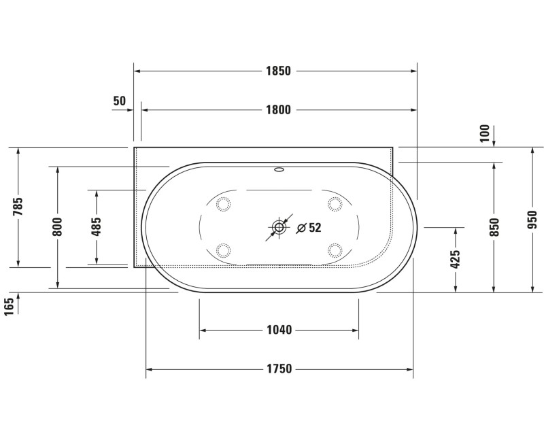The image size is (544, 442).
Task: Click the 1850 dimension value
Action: [x=278, y=71]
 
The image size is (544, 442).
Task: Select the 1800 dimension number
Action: [x=278, y=110]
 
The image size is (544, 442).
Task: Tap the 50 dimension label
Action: [x=120, y=101]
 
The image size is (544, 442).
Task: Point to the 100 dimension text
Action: [x=485, y=133]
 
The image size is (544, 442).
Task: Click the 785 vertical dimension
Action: [x=18, y=207]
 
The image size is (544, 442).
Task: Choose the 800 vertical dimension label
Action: [x=58, y=226]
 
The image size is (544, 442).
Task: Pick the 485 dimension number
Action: [x=97, y=226]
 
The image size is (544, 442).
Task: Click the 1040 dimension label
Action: [x=279, y=330]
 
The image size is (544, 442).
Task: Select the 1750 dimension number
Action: [x=279, y=369]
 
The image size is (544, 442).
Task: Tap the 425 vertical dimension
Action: [x=456, y=259]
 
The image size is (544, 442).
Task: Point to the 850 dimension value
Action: [x=494, y=226]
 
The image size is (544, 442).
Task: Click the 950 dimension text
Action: [x=532, y=220]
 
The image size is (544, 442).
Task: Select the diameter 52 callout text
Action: [x=309, y=228]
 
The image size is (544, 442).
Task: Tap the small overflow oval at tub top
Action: [x=279, y=170]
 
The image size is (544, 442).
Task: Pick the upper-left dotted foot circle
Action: [x=222, y=203]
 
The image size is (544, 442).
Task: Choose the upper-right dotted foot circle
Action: [x=335, y=203]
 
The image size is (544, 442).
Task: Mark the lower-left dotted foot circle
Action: [x=222, y=250]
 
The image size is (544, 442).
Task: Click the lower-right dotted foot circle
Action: [x=335, y=250]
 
